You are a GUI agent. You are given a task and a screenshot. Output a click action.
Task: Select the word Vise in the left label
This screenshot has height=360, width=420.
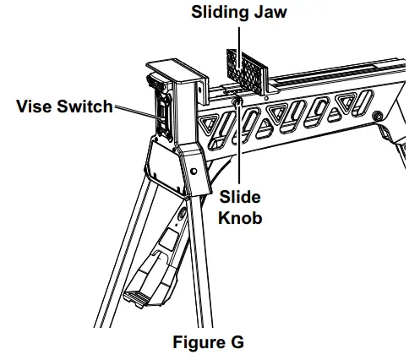tap(37, 106)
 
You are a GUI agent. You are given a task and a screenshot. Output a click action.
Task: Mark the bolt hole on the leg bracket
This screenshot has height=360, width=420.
tap(194, 172)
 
